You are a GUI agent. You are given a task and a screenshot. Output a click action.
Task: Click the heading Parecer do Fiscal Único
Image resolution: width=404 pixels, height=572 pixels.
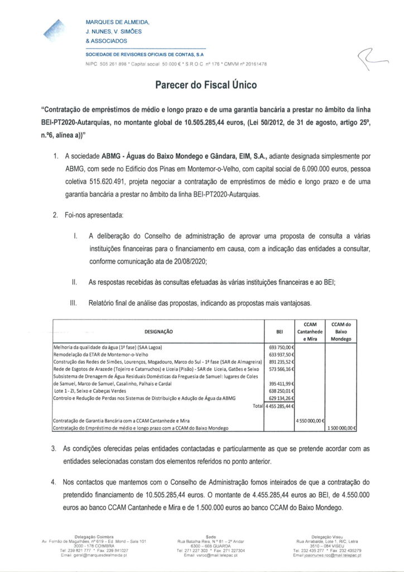pyautogui.click(x=202, y=86)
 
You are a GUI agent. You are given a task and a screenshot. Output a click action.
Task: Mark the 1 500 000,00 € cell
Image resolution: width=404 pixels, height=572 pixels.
pyautogui.click(x=342, y=428)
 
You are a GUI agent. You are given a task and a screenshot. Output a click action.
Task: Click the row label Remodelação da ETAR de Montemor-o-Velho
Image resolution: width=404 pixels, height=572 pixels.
pyautogui.click(x=99, y=354)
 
